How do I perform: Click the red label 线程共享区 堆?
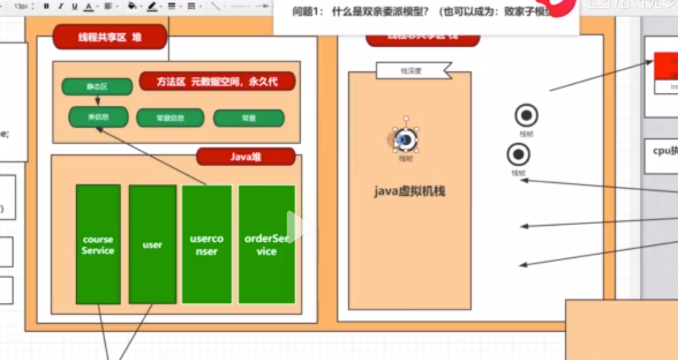coord(110,37)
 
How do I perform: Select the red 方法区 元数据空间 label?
coord(217,82)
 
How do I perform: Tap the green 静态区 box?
coord(97,87)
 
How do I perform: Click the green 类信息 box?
coord(98,117)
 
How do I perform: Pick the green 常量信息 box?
coord(169,118)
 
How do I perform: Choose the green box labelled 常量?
coord(249,118)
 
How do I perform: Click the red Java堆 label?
coord(245,157)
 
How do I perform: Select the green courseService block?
coord(98,244)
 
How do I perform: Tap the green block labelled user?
coord(152,244)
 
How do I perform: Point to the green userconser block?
coord(207,244)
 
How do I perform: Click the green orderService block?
coord(266,244)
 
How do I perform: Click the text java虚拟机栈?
coord(409,191)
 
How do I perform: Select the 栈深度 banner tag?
coord(412,71)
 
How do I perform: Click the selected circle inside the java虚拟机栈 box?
coord(405,140)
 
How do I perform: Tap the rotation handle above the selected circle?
coord(405,118)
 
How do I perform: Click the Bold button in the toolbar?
coord(47,6)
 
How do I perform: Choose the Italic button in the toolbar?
coord(60,6)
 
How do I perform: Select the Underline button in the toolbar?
coord(74,6)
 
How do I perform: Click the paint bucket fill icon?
coord(132,6)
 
